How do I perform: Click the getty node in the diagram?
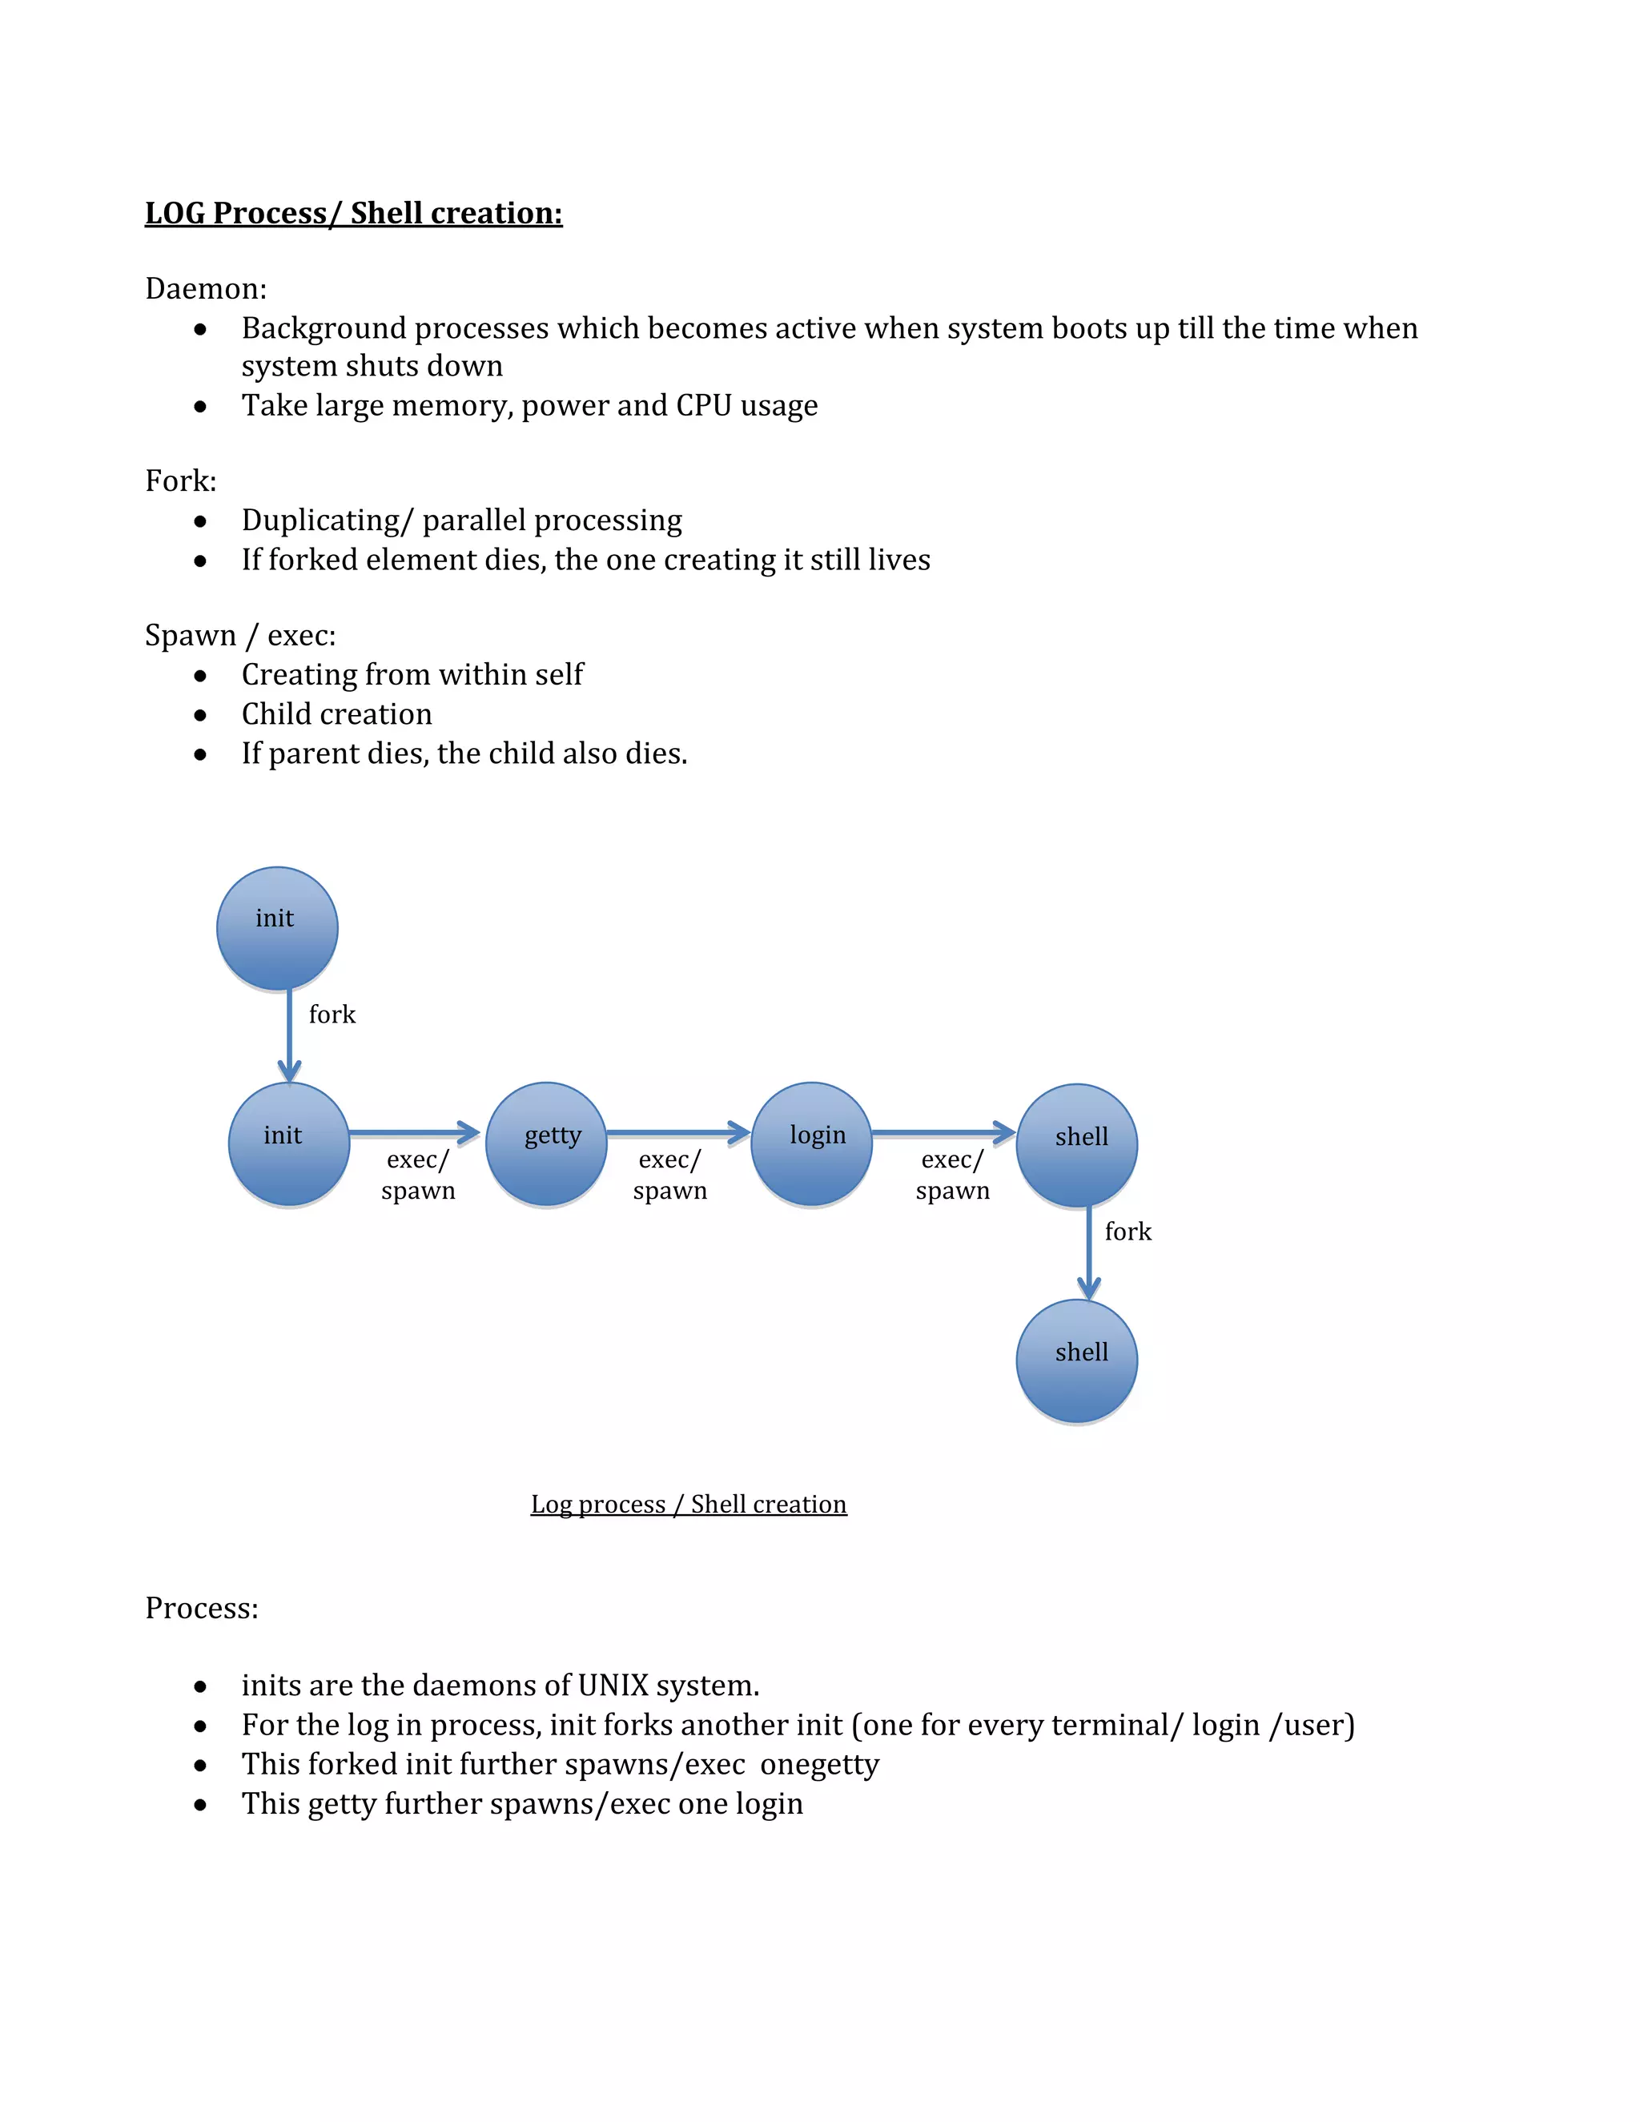click(x=546, y=1143)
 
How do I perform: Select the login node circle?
click(x=811, y=1143)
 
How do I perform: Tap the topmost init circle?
click(x=277, y=928)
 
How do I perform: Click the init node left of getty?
click(x=288, y=1143)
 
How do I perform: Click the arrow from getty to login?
click(x=678, y=1133)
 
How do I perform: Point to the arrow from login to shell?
click(x=943, y=1133)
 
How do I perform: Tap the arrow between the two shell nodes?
click(x=1089, y=1253)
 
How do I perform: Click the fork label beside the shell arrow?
click(x=1128, y=1232)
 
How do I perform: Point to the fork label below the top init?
click(x=332, y=1015)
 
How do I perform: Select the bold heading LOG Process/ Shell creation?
click(x=354, y=213)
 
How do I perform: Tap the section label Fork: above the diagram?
click(x=181, y=481)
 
